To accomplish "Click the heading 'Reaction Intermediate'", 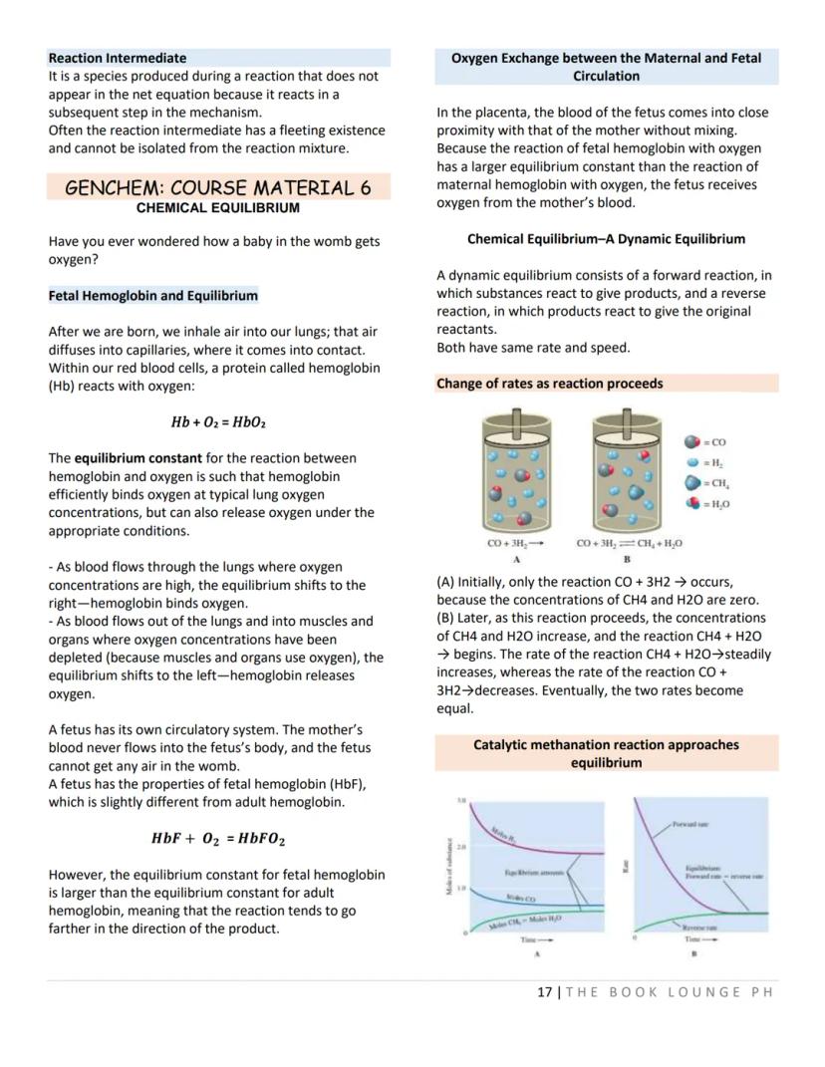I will click(118, 58).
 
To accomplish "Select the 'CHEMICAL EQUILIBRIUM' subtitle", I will click(217, 208).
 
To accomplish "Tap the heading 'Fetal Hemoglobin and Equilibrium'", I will click(152, 295).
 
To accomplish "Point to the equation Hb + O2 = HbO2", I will click(218, 421).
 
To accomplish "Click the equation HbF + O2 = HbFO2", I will click(218, 839).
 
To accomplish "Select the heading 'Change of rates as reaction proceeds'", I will click(549, 383).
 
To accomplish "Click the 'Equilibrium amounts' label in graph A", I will click(534, 873).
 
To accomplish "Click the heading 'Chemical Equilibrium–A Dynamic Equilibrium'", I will click(606, 239).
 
